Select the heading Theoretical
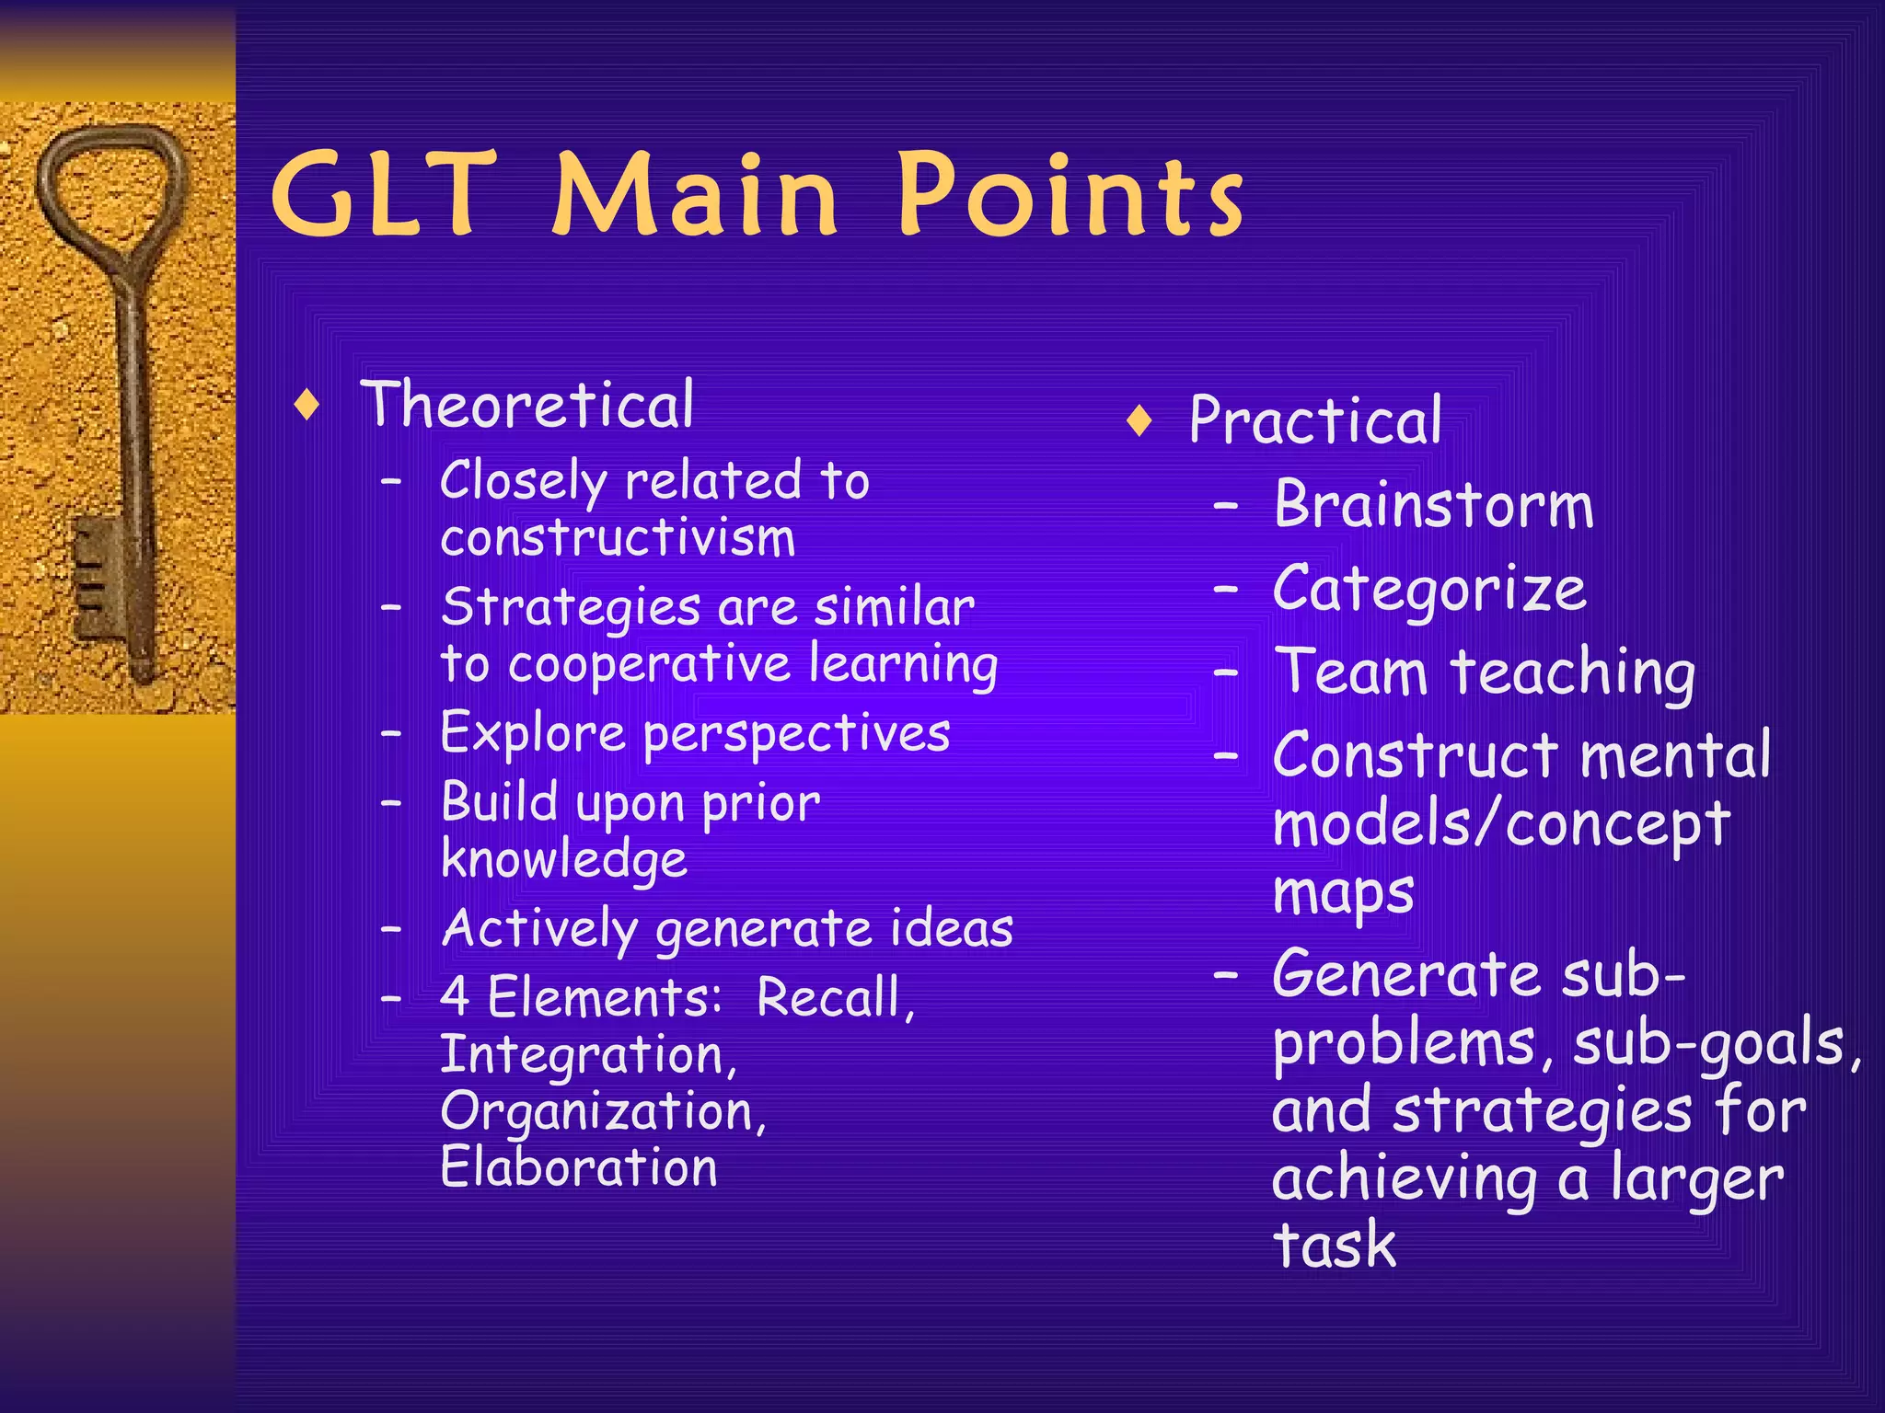527,405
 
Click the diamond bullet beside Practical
1139,421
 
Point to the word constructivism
618,537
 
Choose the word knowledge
563,859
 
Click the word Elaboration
578,1168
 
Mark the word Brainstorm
1433,505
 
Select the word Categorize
1429,589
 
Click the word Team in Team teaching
1350,672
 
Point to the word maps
1343,893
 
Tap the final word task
1335,1245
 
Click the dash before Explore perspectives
392,733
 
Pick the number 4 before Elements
455,997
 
